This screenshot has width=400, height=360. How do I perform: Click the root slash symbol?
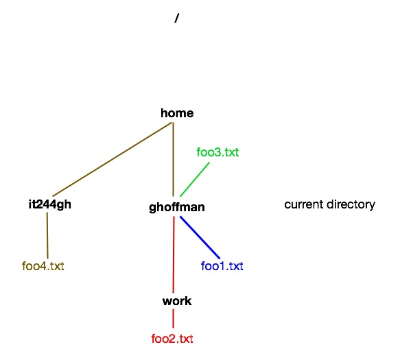[177, 18]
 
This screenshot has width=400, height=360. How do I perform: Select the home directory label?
[177, 113]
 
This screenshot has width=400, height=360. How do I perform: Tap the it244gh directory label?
[50, 205]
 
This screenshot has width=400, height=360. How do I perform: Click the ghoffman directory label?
[177, 207]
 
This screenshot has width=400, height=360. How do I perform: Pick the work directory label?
[177, 301]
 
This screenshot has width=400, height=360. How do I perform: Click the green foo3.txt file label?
[217, 152]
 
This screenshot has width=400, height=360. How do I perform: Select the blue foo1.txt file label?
[222, 266]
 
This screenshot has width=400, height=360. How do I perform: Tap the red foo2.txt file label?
[172, 339]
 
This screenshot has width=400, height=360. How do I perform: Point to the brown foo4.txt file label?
[43, 266]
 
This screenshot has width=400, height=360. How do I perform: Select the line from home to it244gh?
[112, 159]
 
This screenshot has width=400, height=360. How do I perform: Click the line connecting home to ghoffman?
[174, 159]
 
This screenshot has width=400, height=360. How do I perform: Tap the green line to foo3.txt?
[195, 179]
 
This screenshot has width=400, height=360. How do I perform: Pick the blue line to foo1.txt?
[200, 237]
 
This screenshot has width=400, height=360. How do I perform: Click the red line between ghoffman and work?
[174, 254]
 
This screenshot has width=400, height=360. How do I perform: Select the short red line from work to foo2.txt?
[174, 318]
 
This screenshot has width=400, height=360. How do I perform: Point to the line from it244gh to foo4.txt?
[47, 235]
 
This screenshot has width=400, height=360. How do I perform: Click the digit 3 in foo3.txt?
[217, 152]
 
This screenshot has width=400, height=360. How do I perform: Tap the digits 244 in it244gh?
[46, 204]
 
